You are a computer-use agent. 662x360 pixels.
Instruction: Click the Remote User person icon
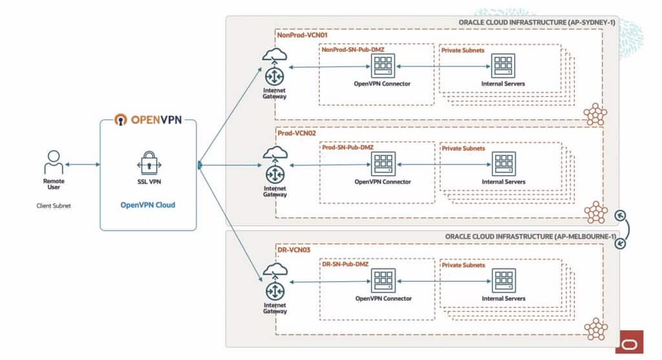[x=53, y=164]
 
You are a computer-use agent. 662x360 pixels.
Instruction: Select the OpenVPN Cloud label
[x=148, y=205]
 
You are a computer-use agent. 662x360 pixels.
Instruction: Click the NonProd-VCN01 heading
[x=301, y=36]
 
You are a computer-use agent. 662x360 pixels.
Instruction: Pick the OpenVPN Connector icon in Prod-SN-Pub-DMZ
[x=383, y=164]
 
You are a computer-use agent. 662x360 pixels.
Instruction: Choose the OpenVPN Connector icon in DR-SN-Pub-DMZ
[x=383, y=281]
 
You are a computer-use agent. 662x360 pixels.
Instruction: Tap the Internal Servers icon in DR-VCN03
[x=503, y=281]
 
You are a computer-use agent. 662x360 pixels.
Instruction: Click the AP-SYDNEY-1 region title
[x=537, y=23]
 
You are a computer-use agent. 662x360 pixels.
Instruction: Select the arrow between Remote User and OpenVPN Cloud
[x=83, y=164]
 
